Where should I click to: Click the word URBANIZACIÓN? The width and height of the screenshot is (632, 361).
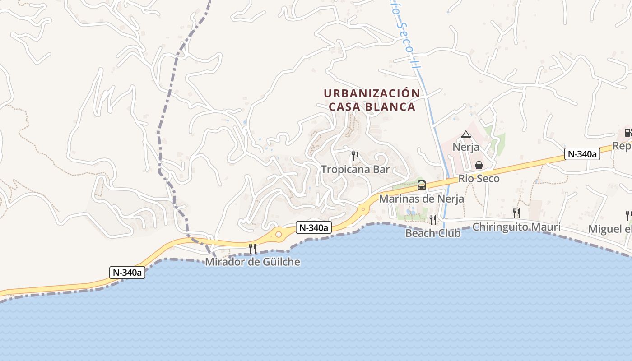tap(372, 93)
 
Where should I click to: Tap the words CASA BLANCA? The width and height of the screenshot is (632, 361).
tap(372, 107)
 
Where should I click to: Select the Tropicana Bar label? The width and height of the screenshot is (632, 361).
tap(355, 170)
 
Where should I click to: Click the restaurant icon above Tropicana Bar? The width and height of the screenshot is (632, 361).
tap(355, 156)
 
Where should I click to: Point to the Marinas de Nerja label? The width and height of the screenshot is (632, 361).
tap(421, 199)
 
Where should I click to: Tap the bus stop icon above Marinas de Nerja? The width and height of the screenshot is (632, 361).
tap(422, 185)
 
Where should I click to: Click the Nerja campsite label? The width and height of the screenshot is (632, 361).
tap(465, 148)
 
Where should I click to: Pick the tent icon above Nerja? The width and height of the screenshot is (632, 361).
tap(466, 134)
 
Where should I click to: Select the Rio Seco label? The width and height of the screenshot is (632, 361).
tap(479, 179)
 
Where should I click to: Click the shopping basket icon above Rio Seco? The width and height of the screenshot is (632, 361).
tap(479, 165)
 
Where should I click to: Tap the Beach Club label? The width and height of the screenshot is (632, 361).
tap(432, 233)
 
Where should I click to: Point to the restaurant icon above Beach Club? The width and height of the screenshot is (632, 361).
tap(433, 220)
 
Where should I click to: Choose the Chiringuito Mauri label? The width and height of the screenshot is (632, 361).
tap(516, 227)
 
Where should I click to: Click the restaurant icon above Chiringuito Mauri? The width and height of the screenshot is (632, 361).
tap(516, 213)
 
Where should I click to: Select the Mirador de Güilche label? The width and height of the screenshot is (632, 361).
tap(252, 262)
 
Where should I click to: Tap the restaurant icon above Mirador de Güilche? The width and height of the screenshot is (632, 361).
tap(252, 248)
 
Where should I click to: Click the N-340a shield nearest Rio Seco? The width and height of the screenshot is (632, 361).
tap(582, 154)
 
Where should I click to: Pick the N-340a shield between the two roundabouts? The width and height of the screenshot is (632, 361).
tap(314, 228)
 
